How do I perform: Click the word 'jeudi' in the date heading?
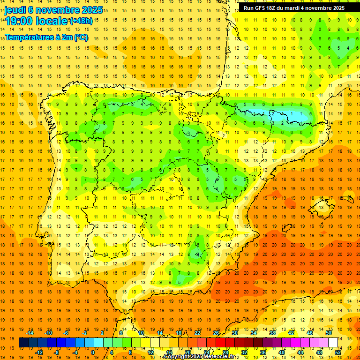[15, 9]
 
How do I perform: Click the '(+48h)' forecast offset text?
[81, 21]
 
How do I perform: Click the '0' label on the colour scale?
[93, 352]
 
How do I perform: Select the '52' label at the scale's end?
[338, 352]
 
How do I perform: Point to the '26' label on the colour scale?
[216, 333]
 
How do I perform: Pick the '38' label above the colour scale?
[272, 333]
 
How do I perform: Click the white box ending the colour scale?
[333, 343]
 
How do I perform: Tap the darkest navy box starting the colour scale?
[23, 343]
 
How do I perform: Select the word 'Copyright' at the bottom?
[177, 357]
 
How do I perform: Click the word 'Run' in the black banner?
[248, 8]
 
